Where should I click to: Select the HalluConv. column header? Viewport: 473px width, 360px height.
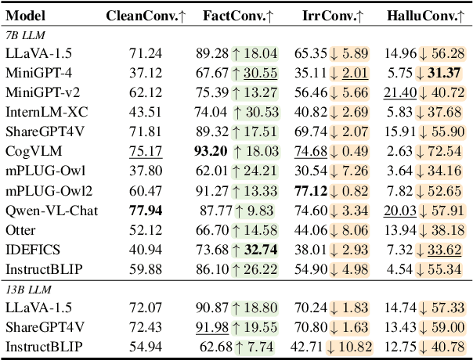coord(426,16)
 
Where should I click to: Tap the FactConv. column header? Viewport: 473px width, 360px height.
coord(236,16)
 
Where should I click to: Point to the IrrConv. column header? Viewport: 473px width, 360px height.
coord(333,16)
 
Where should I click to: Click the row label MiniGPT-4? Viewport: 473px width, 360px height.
coord(35,73)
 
